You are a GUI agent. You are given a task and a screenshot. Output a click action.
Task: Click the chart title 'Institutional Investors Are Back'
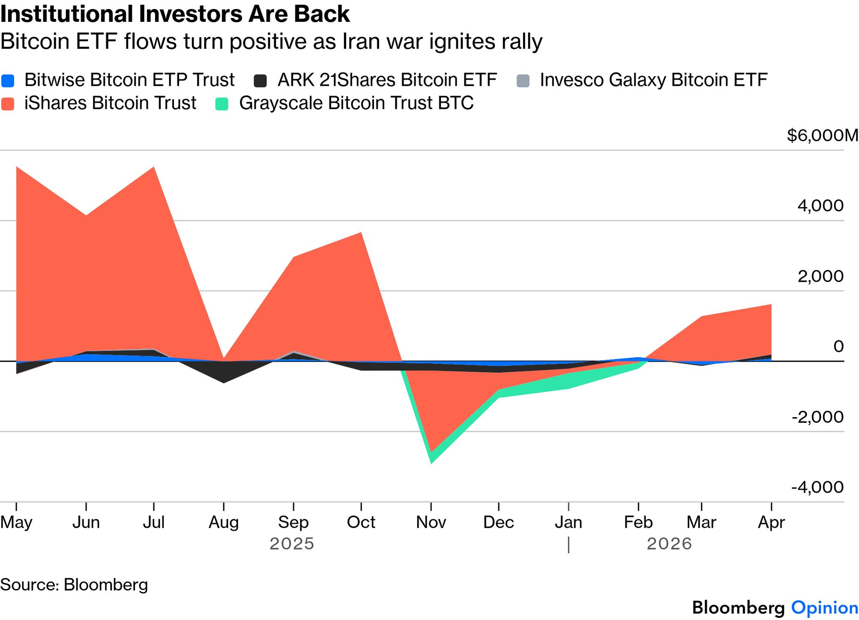coord(175,14)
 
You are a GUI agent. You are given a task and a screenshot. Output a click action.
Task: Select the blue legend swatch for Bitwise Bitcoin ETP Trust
coord(8,81)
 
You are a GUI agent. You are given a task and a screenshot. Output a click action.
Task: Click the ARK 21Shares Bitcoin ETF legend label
coord(387,80)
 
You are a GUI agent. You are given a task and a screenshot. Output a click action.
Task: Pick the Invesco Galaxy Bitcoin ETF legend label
coord(653,80)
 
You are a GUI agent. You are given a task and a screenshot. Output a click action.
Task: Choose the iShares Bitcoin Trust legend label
coord(110,103)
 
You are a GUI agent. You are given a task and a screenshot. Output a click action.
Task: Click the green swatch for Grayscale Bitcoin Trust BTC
coord(222,104)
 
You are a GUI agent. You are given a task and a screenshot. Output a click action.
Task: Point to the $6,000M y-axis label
coord(822,135)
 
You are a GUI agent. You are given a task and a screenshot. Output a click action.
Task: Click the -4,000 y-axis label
coord(817,487)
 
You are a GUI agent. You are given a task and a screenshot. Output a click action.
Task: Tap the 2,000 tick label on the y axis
coord(820,276)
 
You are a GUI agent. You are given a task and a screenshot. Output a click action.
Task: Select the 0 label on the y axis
coord(838,346)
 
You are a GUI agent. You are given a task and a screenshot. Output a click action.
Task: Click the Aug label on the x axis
coord(223,522)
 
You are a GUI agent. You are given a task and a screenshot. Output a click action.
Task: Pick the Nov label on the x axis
coord(431,522)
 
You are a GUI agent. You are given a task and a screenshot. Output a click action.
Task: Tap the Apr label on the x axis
coord(771,522)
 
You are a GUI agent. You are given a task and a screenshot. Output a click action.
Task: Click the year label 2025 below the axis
coord(292,544)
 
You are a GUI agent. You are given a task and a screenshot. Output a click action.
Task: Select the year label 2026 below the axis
coord(669,544)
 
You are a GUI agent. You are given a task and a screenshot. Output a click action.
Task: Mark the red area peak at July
coord(153,168)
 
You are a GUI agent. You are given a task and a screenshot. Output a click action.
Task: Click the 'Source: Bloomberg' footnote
coord(74,585)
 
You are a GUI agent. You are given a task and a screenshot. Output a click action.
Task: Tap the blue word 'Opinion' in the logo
coord(824,608)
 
